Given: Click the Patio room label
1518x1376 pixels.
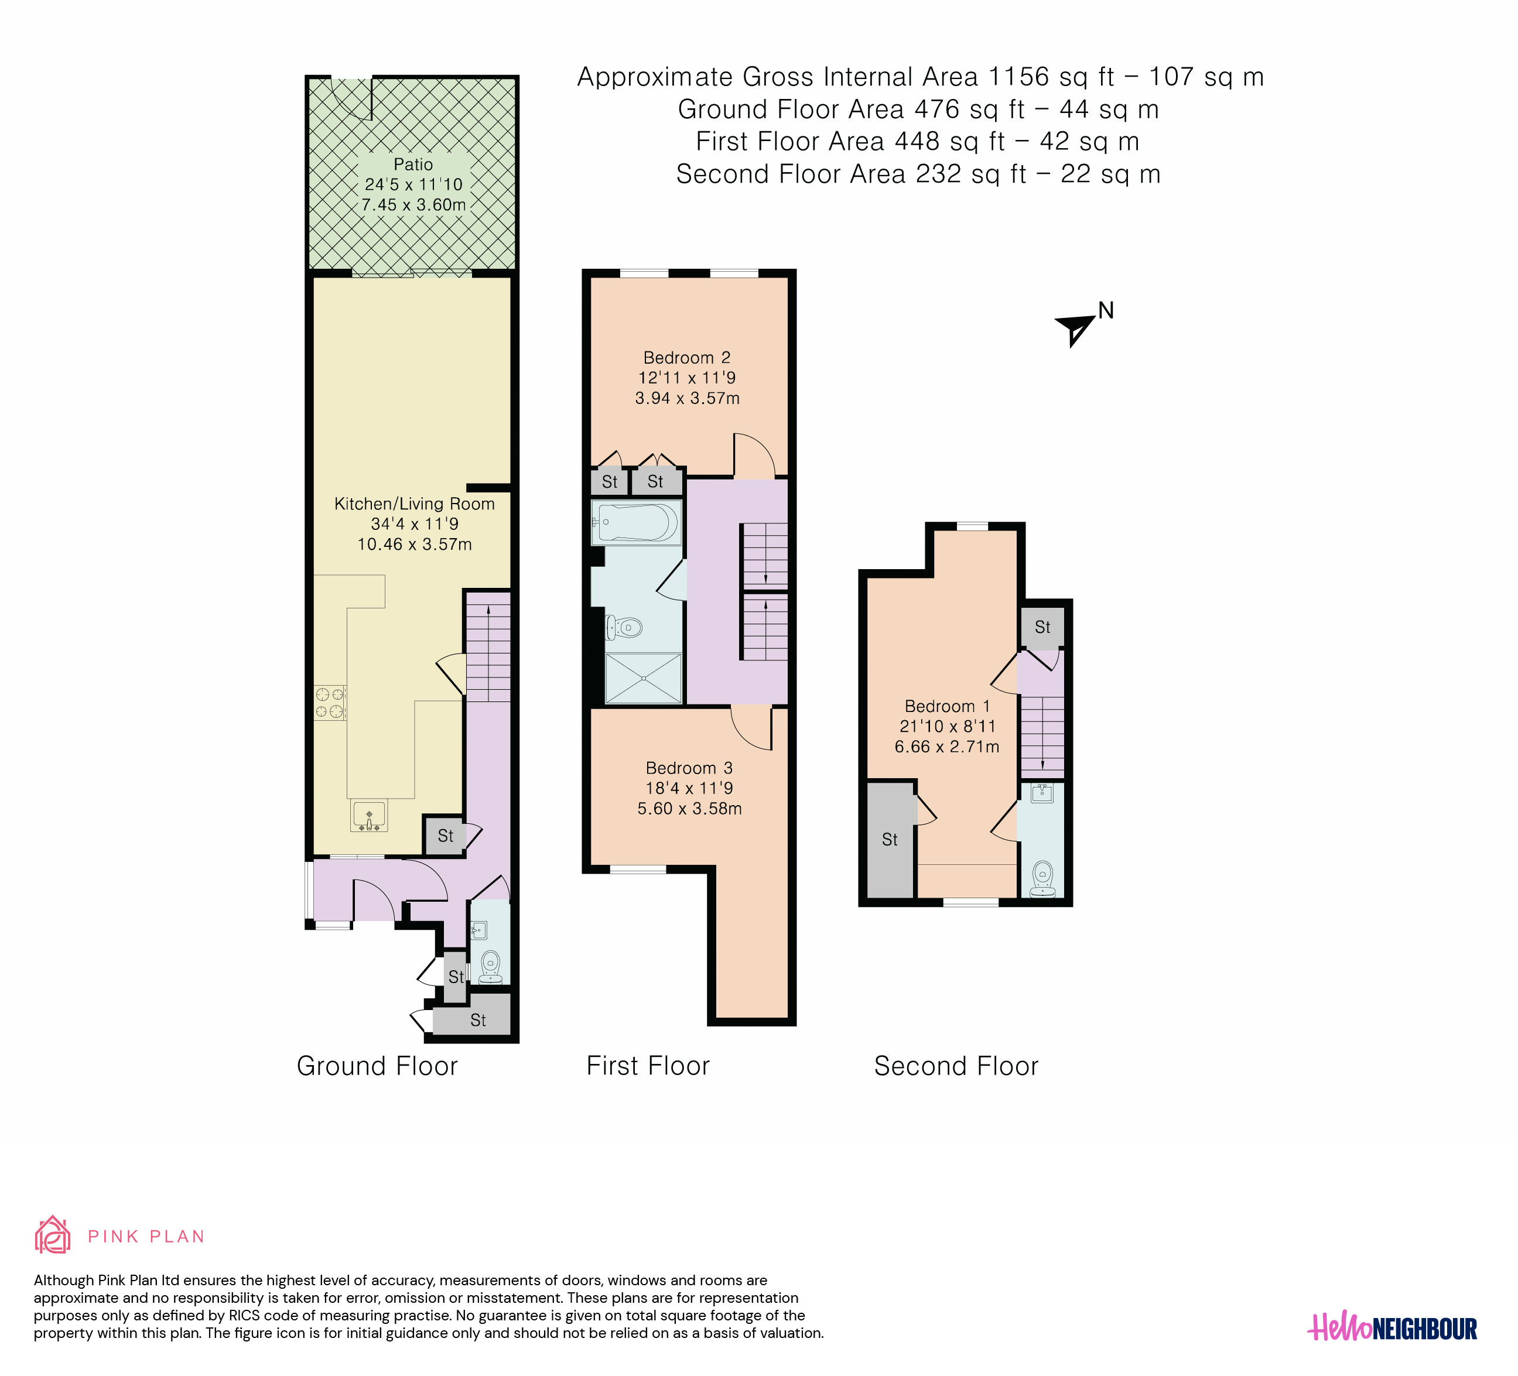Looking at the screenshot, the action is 413,164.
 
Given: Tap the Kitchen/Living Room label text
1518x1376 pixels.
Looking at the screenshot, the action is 414,504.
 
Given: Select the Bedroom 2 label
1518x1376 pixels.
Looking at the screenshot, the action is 687,358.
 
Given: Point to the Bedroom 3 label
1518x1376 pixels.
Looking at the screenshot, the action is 689,768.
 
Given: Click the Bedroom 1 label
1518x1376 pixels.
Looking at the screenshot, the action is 946,706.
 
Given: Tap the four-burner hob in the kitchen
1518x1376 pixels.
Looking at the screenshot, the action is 330,702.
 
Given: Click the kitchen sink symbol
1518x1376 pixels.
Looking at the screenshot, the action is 369,816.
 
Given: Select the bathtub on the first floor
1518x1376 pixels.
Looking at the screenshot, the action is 636,522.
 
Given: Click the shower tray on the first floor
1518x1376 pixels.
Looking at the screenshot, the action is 644,678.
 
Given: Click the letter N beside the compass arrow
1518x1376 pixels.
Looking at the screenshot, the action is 1105,310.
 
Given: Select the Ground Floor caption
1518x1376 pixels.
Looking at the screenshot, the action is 377,1066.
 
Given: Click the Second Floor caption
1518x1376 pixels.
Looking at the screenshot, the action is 956,1066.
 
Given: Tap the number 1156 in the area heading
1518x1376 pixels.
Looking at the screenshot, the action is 1019,77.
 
